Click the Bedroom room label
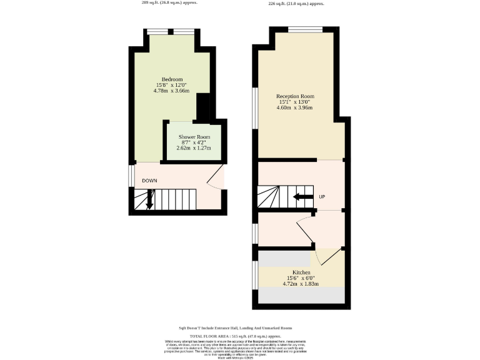172,79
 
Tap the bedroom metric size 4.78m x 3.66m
172,91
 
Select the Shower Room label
194,137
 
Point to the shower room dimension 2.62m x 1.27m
194,148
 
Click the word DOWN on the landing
149,181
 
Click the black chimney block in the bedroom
203,107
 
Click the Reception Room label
295,96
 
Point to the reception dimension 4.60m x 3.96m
295,107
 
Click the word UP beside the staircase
322,197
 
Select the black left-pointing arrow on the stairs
304,197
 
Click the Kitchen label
302,272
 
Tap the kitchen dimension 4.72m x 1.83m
302,284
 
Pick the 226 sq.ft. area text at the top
296,4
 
